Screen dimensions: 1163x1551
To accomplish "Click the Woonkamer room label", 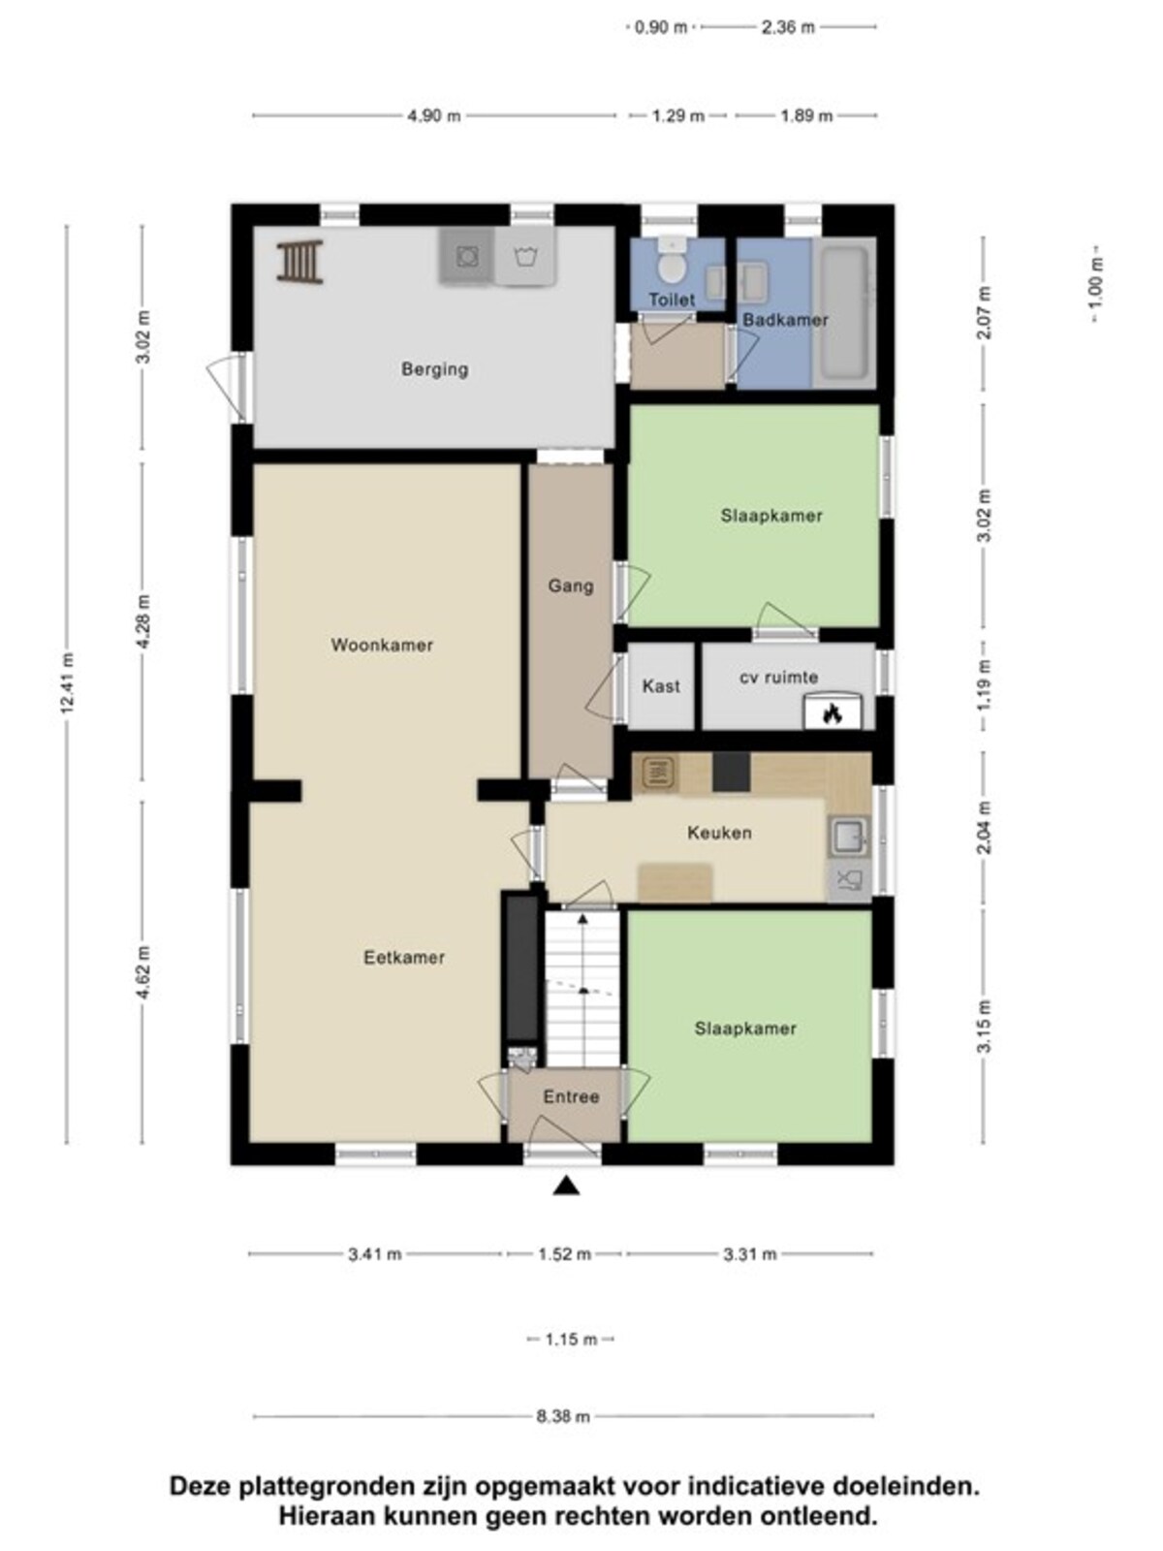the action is [381, 646].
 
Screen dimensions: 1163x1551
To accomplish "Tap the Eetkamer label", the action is [404, 958].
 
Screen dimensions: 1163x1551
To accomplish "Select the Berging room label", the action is [434, 369].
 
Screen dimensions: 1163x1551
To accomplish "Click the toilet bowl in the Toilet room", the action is [670, 264].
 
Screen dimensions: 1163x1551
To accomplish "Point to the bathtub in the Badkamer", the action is [844, 312].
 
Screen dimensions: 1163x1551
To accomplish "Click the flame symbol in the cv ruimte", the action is [833, 714].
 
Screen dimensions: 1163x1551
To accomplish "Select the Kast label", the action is [661, 685].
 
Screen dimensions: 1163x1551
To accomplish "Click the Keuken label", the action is [719, 833].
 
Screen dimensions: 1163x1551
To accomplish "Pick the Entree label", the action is [571, 1096].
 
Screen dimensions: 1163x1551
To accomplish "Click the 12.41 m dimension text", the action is [68, 684].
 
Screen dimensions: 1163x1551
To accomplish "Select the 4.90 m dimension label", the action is [433, 116].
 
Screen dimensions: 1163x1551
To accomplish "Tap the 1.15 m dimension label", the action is [571, 1339].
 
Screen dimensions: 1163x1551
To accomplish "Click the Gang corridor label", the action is [571, 586].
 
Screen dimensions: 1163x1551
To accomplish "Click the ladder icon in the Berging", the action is [300, 262].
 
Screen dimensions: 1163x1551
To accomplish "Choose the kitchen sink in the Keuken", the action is [848, 837].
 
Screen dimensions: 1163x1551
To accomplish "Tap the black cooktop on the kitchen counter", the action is [731, 772].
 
